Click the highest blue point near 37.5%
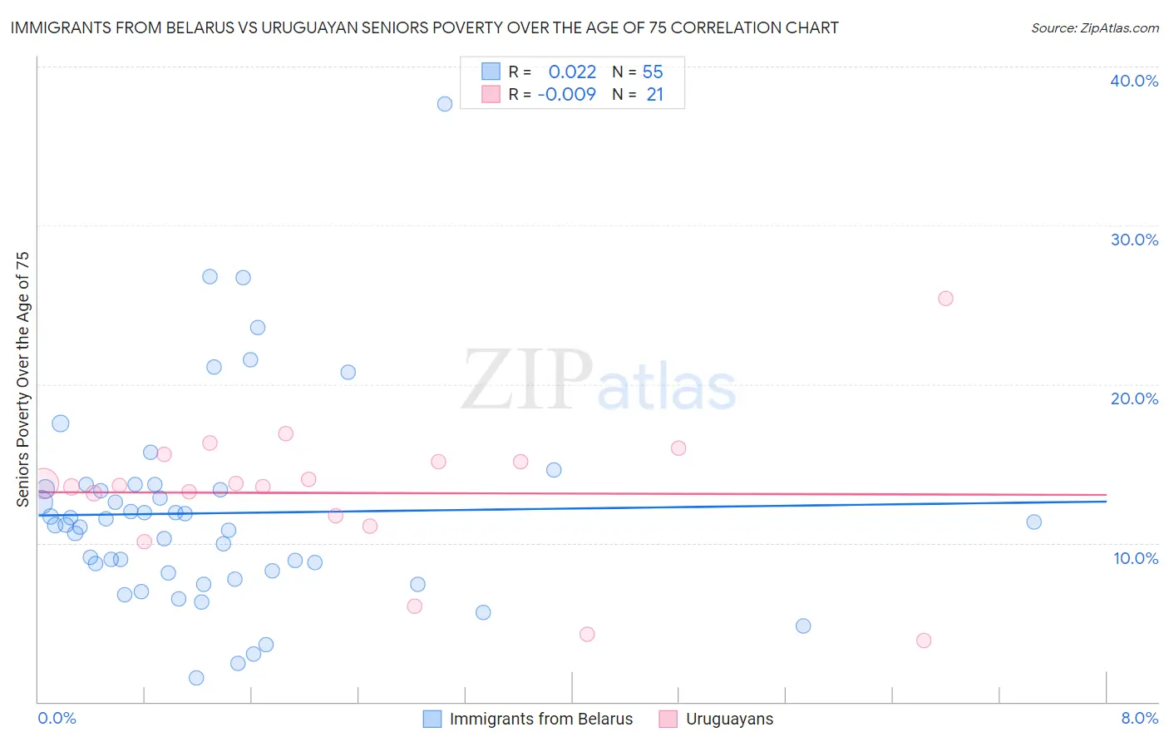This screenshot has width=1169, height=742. [x=445, y=104]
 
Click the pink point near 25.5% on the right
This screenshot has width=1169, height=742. [x=945, y=299]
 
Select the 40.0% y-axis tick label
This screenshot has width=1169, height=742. [x=1134, y=81]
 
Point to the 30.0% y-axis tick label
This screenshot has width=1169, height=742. [x=1134, y=240]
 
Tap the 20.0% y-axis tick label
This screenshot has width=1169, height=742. [x=1134, y=398]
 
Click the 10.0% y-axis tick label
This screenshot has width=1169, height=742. [x=1136, y=558]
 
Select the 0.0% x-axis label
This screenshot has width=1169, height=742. [x=57, y=718]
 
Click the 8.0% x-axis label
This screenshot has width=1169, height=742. [x=1139, y=718]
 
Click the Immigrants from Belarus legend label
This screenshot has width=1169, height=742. [x=541, y=719]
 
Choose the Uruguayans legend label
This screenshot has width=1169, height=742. [x=729, y=719]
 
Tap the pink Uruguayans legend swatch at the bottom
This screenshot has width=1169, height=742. [x=668, y=719]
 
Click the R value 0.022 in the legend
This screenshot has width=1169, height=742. [x=572, y=72]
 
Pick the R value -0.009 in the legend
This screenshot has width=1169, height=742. [x=567, y=95]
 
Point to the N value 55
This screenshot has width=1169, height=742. [x=653, y=72]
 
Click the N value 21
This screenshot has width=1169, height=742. [x=654, y=95]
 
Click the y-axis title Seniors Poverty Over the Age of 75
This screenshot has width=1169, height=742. [x=22, y=379]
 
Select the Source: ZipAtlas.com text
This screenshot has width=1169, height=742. [x=1095, y=28]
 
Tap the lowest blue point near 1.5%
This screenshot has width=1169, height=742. [x=196, y=678]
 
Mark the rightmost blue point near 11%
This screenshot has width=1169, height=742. [x=1034, y=522]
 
